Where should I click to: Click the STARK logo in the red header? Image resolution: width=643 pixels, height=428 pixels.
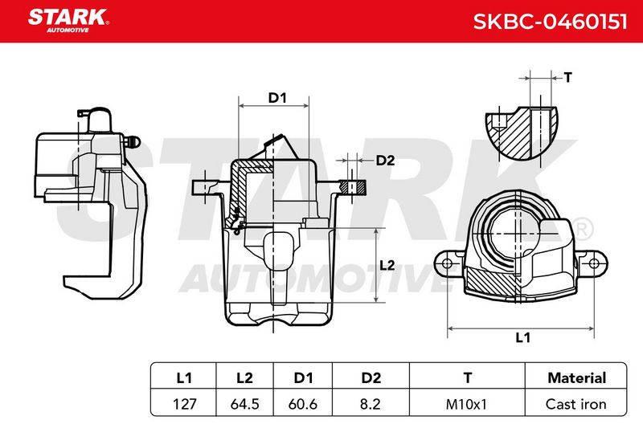tap(68, 21)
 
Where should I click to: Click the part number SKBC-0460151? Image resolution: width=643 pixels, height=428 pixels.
tap(550, 22)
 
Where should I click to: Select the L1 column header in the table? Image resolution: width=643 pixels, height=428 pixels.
tap(184, 377)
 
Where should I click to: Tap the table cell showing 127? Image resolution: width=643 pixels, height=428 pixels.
tap(185, 404)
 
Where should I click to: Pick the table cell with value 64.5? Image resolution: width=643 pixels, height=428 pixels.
tap(245, 404)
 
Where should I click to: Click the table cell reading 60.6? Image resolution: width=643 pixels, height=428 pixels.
tap(303, 404)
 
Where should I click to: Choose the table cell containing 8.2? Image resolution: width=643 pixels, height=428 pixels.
tap(370, 404)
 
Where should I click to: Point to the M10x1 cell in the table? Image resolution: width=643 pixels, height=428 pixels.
tap(466, 404)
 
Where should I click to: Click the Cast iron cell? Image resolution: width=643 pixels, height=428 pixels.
tap(575, 404)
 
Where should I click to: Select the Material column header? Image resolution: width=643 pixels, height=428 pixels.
tap(576, 377)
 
